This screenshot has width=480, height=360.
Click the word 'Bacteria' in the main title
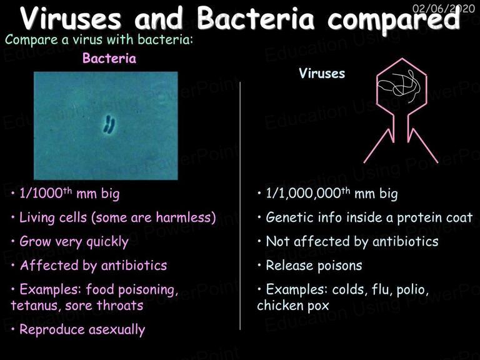click(x=255, y=18)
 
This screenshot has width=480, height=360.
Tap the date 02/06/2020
click(x=444, y=8)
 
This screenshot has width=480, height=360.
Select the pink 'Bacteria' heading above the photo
click(x=109, y=58)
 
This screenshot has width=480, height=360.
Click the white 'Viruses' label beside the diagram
click(x=322, y=74)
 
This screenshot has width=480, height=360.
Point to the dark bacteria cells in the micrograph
click(x=109, y=124)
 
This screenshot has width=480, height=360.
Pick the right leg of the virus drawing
click(x=423, y=146)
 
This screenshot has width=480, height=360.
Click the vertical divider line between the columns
click(x=240, y=206)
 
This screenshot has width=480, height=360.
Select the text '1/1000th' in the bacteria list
click(x=46, y=194)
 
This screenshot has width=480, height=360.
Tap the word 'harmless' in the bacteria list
click(x=184, y=217)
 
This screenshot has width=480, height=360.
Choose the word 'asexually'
click(x=117, y=330)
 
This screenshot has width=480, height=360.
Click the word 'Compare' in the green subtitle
click(x=31, y=40)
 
